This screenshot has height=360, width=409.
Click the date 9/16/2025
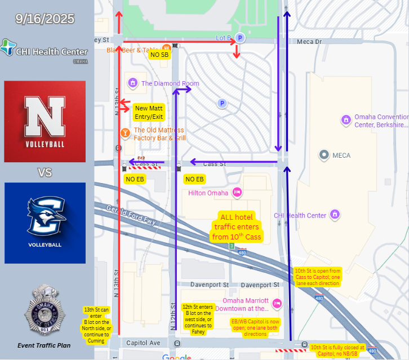click(x=45, y=19)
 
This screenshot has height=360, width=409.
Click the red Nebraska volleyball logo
click(x=45, y=121)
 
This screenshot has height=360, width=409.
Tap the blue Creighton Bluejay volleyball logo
click(x=45, y=223)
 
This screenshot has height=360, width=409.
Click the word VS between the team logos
click(x=45, y=172)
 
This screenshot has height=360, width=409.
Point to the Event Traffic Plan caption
click(x=44, y=345)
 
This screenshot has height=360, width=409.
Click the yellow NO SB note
click(x=159, y=55)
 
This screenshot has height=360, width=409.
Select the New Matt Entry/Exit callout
click(x=149, y=112)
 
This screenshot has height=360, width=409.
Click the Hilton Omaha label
click(x=208, y=193)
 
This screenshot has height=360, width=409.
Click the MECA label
click(x=341, y=155)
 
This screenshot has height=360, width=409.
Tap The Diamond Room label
click(x=170, y=83)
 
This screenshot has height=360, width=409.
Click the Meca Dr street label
click(x=309, y=41)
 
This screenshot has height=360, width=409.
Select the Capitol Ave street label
click(x=144, y=343)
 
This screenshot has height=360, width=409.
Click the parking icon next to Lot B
click(x=240, y=38)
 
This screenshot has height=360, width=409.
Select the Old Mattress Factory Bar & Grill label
click(x=159, y=134)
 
